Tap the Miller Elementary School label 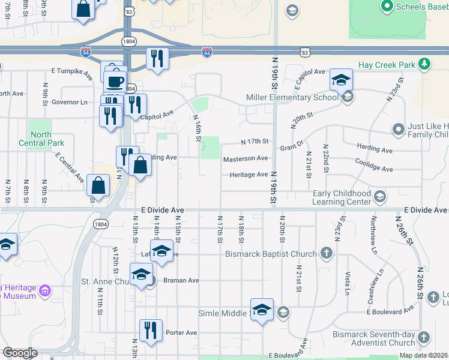click(292, 98)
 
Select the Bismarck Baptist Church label click(271, 254)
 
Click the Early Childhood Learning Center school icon click(379, 196)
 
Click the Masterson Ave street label click(246, 159)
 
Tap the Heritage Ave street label click(248, 175)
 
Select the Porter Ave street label click(181, 332)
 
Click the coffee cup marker click(115, 82)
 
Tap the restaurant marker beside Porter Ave click(151, 330)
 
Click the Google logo click(20, 353)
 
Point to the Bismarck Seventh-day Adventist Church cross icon click(423, 337)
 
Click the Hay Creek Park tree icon click(424, 64)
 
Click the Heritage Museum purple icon click(44, 293)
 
